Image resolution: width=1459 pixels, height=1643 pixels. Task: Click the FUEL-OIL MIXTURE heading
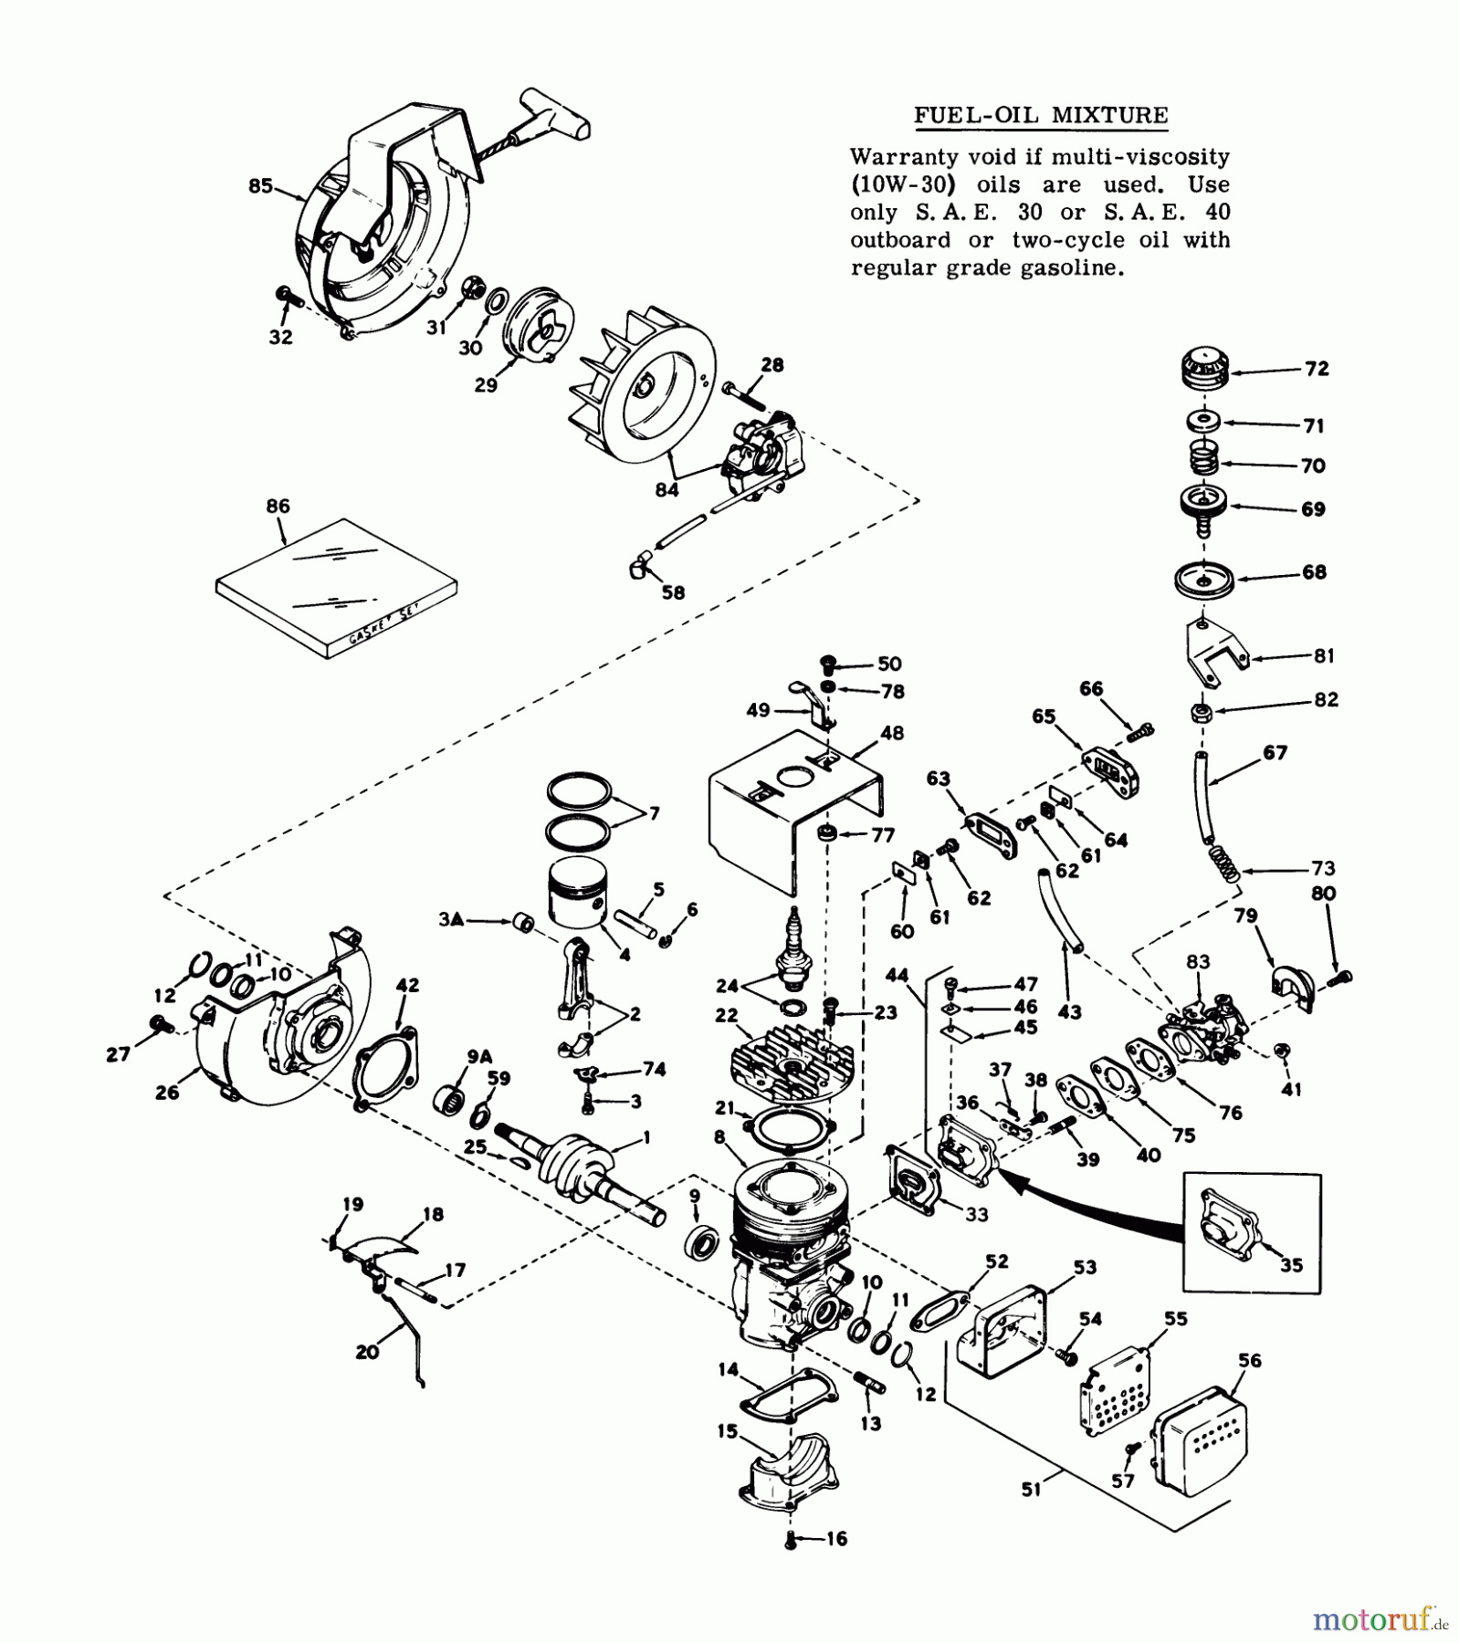click(x=1041, y=116)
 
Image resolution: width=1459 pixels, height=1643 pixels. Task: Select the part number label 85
click(x=260, y=186)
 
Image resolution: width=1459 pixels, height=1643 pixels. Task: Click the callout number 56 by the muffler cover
click(x=1249, y=1361)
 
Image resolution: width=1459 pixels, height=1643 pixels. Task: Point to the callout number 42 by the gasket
click(x=407, y=986)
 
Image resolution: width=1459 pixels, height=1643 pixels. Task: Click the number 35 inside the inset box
click(x=1291, y=1265)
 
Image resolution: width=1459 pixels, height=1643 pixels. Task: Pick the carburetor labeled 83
click(x=1205, y=1022)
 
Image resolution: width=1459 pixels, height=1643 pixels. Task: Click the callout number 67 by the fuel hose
click(x=1275, y=753)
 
